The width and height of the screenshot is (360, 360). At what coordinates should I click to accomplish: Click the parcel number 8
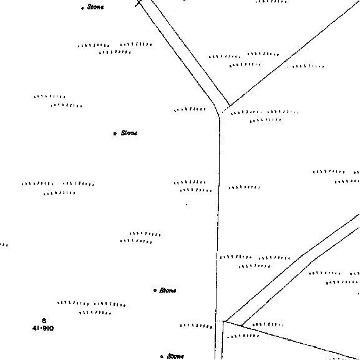point(44,321)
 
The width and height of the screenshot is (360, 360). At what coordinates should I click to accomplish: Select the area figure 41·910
point(43,328)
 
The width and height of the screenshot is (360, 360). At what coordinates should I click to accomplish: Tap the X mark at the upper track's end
point(139,3)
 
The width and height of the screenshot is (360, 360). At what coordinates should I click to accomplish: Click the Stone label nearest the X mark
point(95,7)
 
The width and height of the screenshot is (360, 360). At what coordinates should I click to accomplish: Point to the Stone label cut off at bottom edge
point(176,356)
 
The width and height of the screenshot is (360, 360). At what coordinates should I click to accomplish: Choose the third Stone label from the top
point(168,290)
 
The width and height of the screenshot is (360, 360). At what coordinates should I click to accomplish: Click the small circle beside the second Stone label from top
point(115,134)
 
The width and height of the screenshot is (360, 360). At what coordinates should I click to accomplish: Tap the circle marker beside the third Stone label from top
point(155,291)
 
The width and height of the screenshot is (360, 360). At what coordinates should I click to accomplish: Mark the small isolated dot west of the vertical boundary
point(187,205)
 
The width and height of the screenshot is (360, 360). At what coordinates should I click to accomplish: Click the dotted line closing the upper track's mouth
point(225,110)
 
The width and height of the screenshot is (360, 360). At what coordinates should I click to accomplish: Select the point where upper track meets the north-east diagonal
point(230,105)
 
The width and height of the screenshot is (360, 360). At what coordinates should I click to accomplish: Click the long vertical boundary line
point(218,218)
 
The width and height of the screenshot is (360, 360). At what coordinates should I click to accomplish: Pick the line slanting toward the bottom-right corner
point(291,340)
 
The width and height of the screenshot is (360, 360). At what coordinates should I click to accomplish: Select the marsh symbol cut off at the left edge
point(4,245)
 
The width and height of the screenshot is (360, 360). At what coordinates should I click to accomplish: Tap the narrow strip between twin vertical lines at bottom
point(219,341)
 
